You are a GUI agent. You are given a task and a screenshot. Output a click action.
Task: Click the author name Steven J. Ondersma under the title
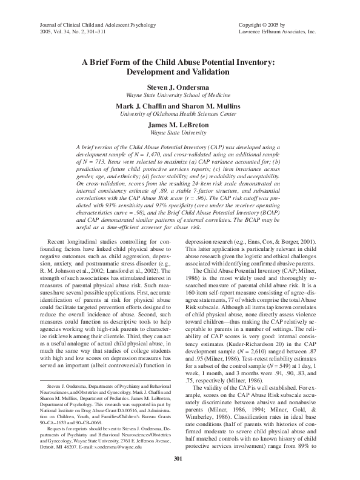tap(179, 87)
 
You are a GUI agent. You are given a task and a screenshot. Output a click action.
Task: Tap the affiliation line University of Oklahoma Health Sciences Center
tap(179, 113)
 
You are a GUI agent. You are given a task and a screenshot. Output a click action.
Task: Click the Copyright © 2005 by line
tap(264, 22)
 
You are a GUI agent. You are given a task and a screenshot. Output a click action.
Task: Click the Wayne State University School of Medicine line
tap(179, 95)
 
